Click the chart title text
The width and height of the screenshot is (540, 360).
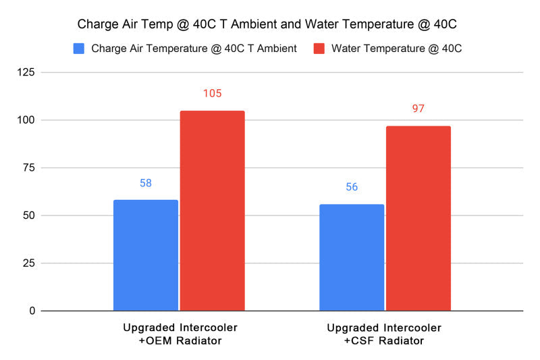(x=267, y=25)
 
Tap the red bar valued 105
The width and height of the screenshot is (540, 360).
(x=212, y=211)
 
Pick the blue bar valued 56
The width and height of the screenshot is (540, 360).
(x=352, y=257)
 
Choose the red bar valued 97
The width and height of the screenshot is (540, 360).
(x=418, y=218)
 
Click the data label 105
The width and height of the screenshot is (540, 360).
(x=212, y=93)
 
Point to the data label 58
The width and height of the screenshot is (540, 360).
(x=146, y=183)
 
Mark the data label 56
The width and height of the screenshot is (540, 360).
(x=352, y=187)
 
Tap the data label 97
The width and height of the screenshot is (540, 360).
(x=418, y=109)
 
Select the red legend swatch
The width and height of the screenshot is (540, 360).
(x=319, y=49)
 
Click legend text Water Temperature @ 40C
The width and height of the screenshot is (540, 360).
(x=397, y=49)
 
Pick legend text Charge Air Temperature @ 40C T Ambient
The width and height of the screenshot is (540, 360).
(x=194, y=49)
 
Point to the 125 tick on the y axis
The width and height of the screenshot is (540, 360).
(x=28, y=72)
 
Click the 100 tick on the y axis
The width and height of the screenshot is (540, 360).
(x=28, y=120)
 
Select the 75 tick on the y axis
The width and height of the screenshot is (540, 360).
(x=30, y=168)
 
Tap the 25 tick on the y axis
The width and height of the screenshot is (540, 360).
(x=30, y=263)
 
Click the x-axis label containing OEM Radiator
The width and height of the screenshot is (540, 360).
(x=179, y=334)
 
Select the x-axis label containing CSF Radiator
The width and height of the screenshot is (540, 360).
(x=384, y=334)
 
